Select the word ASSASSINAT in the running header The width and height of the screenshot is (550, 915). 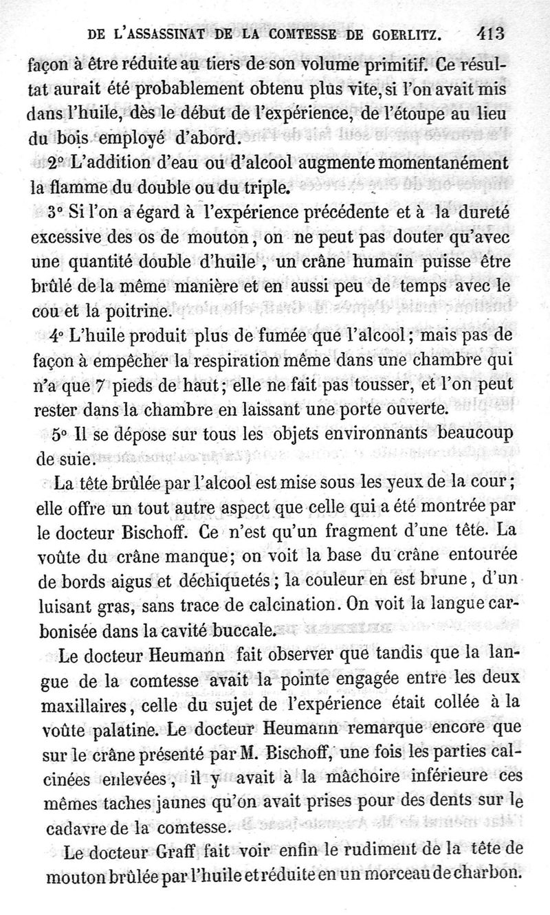(x=175, y=33)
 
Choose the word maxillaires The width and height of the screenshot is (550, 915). (x=82, y=704)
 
